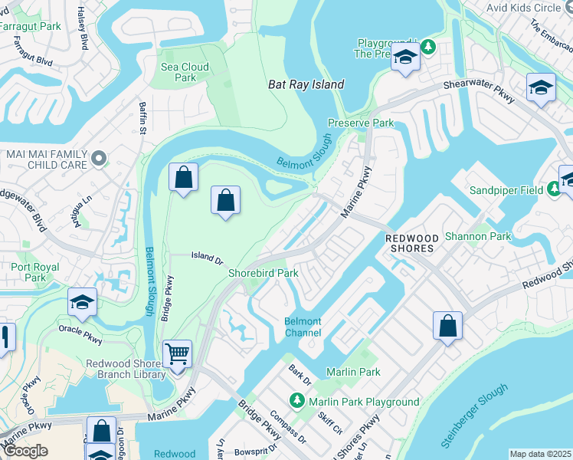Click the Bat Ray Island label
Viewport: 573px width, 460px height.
306,84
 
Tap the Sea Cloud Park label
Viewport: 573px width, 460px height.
185,72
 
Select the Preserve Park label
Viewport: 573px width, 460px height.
360,123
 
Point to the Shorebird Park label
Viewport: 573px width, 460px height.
263,273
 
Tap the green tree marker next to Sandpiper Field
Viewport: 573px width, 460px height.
553,189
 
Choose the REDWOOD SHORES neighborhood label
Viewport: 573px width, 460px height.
409,243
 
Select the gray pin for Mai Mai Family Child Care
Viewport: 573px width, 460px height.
98,158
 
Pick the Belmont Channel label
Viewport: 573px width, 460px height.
303,327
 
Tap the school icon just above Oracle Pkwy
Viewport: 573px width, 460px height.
82,302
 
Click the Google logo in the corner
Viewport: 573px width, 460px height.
25,451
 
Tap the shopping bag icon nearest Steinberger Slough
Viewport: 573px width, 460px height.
447,326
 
